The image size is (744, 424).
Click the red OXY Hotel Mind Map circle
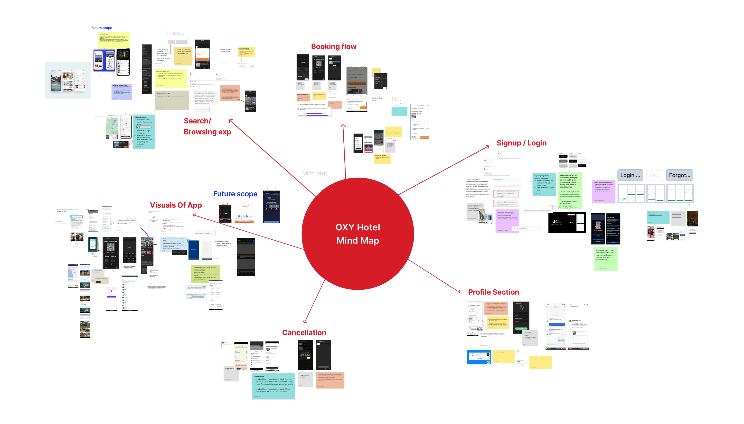[x=358, y=234]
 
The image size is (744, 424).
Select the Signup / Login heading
[x=521, y=143]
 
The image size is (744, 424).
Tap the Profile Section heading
[x=493, y=292]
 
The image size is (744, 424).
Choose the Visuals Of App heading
[x=176, y=205]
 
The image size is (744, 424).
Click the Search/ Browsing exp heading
[x=207, y=126]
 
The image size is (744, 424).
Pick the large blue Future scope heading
[x=235, y=194]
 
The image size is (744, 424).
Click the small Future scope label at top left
[x=102, y=28]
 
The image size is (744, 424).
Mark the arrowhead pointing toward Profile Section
[x=459, y=292]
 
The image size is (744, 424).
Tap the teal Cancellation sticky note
[x=273, y=386]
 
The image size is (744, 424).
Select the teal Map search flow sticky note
[x=144, y=132]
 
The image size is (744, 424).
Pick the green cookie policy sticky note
[x=605, y=259]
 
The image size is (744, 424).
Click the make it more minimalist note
[x=203, y=233]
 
